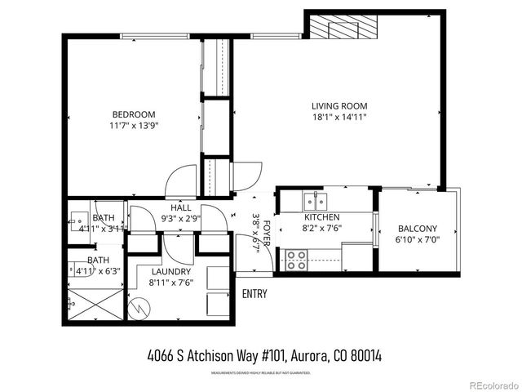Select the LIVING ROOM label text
pos(339,106)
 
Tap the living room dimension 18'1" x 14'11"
pos(339,118)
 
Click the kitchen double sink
pos(313,200)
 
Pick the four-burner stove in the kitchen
pos(295,260)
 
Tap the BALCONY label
pos(417,229)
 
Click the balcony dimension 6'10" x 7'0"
pos(417,240)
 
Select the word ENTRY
pos(254,293)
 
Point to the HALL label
pos(181,207)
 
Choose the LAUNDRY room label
pos(170,271)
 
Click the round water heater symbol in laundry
pos(143,309)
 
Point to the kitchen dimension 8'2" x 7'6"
pos(322,229)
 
